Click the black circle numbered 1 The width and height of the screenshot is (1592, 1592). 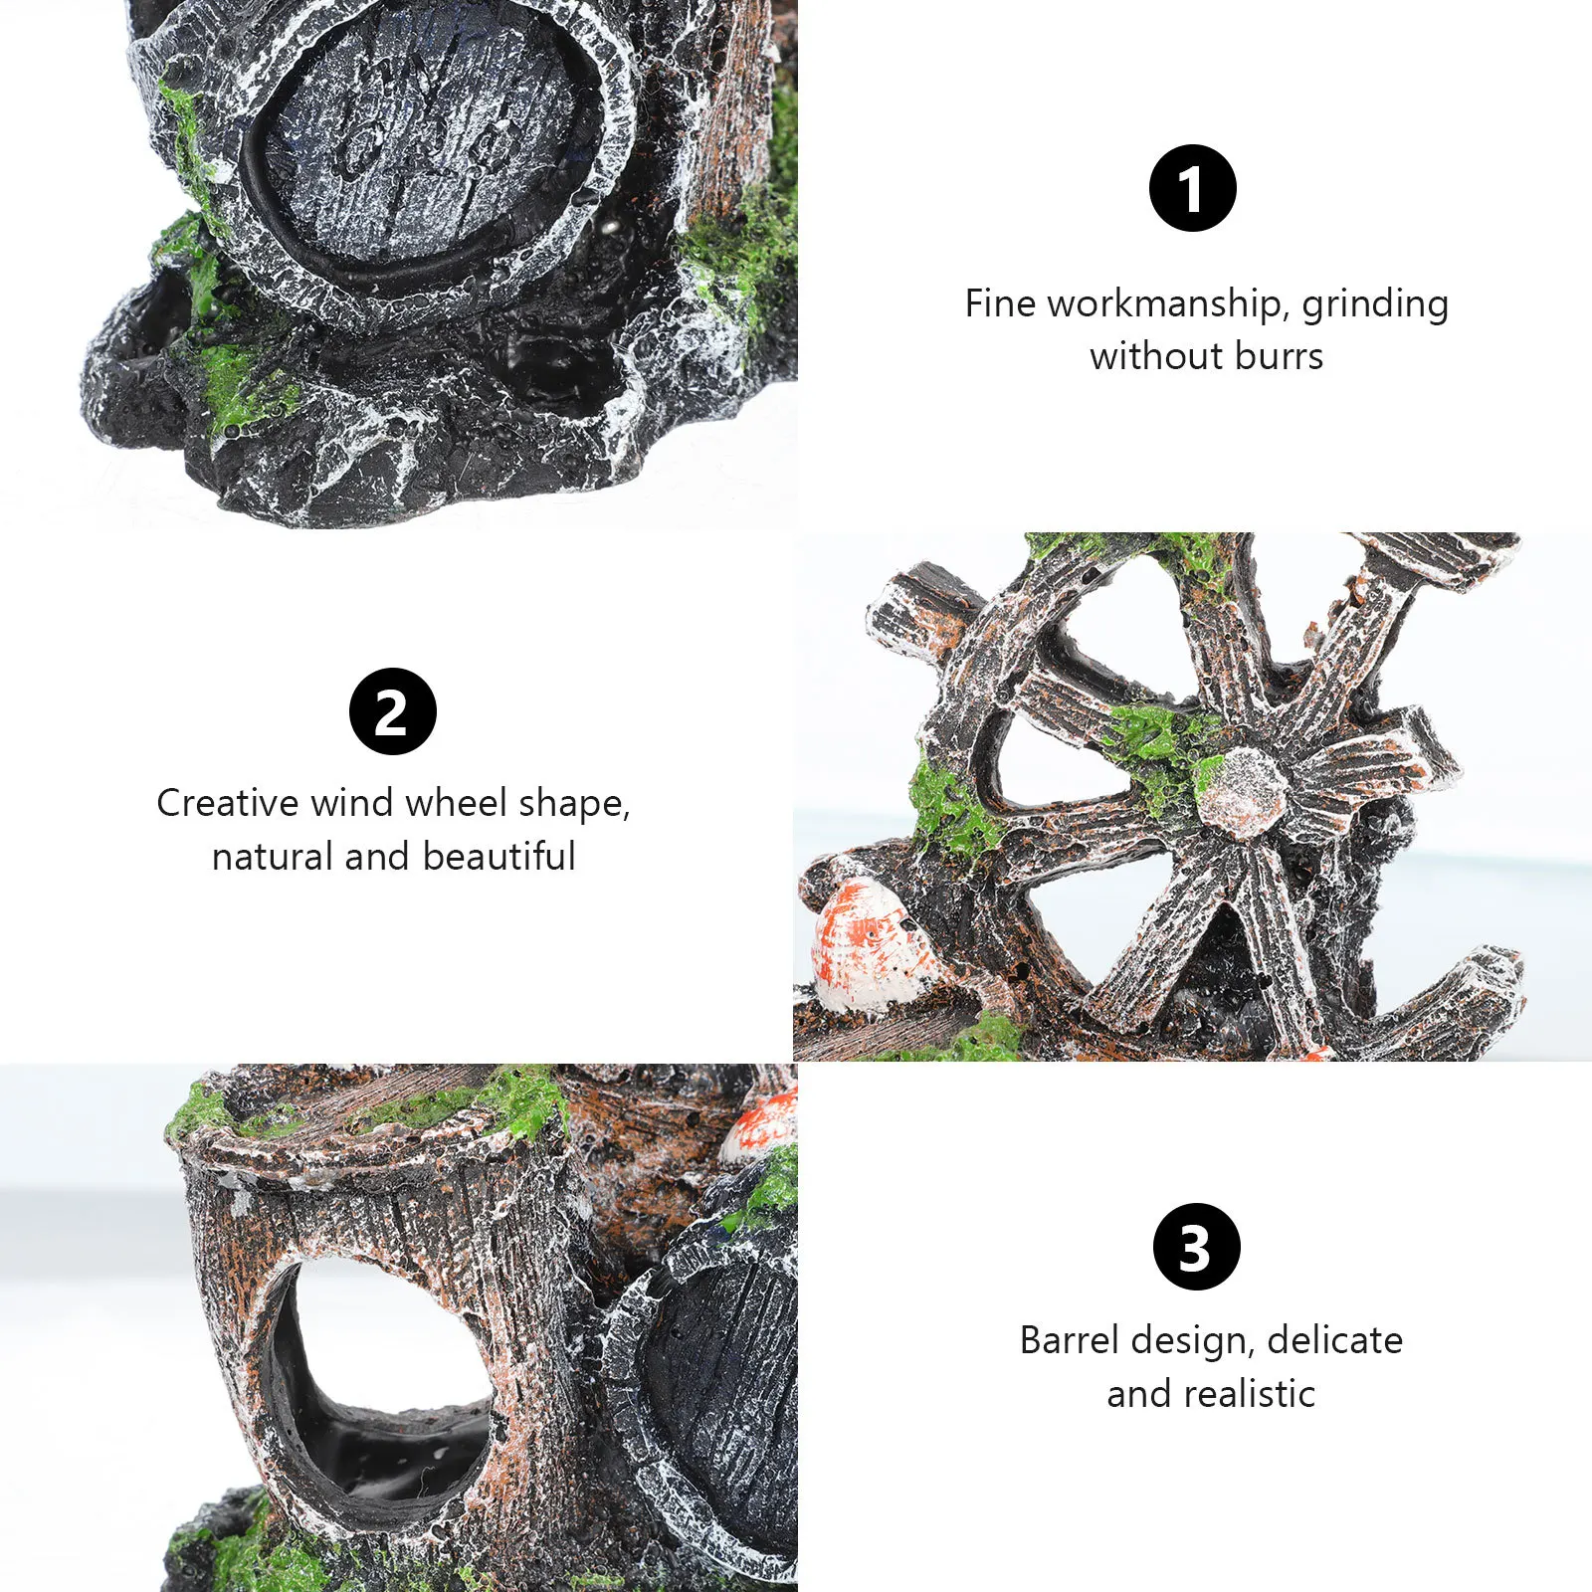pyautogui.click(x=1192, y=188)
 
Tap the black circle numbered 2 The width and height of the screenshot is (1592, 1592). pyautogui.click(x=392, y=711)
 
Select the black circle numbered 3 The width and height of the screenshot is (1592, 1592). pyautogui.click(x=1196, y=1246)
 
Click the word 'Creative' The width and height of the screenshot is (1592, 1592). pyautogui.click(x=227, y=803)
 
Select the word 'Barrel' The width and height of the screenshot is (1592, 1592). pyautogui.click(x=1069, y=1340)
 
